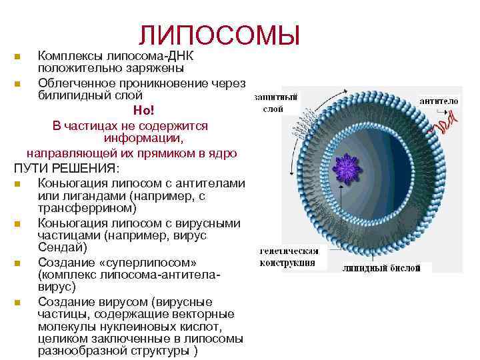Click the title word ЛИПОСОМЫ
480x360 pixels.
tap(219, 35)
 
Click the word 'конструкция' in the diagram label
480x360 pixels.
tap(287, 263)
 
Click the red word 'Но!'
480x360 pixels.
tap(143, 111)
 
